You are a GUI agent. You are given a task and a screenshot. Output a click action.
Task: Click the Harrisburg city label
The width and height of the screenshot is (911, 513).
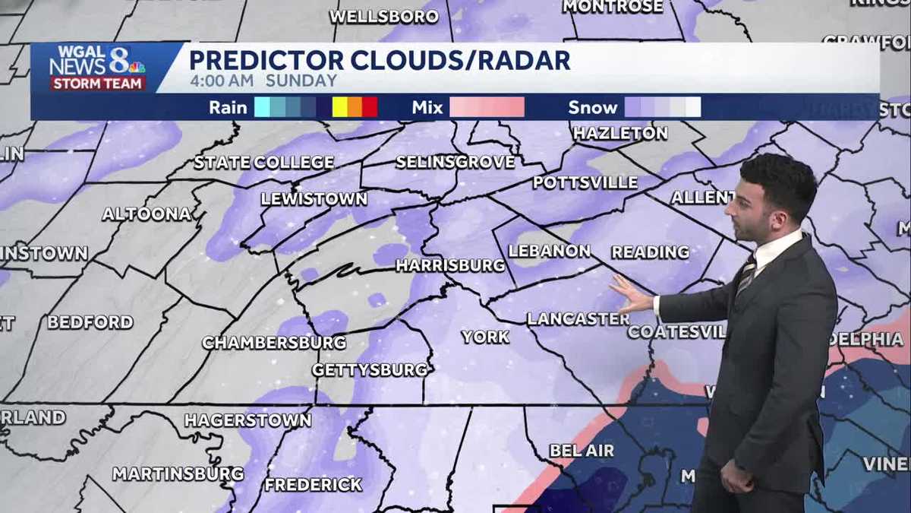(450, 265)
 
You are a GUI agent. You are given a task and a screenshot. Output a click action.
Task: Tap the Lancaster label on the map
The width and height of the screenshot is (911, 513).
(578, 318)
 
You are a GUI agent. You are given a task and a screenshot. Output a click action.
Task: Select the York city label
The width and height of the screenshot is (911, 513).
(485, 336)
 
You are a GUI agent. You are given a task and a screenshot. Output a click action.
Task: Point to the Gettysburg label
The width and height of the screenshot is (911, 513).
(370, 369)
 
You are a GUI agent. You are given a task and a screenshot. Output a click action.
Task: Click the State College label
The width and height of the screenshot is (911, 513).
(263, 162)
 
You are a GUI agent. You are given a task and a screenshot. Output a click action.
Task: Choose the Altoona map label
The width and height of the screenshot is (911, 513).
(147, 214)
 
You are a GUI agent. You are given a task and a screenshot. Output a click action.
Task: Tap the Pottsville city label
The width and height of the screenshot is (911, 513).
(585, 182)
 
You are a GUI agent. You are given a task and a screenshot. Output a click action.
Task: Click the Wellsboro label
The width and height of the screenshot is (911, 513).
(384, 16)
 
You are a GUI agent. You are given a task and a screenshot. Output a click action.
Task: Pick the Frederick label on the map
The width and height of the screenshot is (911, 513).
(313, 484)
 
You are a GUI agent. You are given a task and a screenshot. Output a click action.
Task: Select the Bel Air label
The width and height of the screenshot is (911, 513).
(582, 450)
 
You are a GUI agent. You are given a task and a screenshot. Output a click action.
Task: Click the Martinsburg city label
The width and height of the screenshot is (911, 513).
(178, 473)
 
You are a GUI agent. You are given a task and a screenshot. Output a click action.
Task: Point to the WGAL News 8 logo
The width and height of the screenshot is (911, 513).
(97, 68)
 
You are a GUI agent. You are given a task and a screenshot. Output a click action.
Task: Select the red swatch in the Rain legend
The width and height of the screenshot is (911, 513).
(370, 107)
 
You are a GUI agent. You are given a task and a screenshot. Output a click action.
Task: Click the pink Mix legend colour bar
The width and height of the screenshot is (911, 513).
(487, 107)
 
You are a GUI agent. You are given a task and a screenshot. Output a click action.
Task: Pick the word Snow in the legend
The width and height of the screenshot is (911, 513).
(593, 107)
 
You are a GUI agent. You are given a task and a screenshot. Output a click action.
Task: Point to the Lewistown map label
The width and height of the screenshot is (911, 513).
(314, 198)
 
